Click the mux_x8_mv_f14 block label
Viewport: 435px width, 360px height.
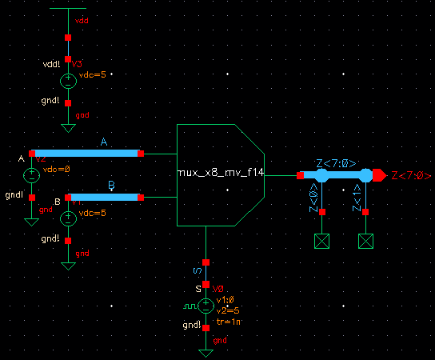(221, 173)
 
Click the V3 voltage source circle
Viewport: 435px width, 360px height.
(68, 80)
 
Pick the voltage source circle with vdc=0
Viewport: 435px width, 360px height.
(31, 175)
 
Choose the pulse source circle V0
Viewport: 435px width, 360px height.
(206, 305)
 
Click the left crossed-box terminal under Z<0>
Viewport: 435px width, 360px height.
(322, 241)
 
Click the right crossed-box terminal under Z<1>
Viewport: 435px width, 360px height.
(366, 241)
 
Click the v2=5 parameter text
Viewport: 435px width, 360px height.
(227, 310)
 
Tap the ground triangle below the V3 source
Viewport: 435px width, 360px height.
(68, 127)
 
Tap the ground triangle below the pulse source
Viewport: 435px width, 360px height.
(206, 352)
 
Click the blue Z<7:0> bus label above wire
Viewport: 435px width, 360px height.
(336, 163)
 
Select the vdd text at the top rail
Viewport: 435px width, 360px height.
(82, 17)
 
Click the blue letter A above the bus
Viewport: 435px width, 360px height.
(104, 142)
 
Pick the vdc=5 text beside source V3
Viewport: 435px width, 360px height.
(92, 74)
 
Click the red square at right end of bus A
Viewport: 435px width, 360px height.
(140, 153)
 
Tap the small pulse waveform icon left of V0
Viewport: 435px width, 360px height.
(188, 306)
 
